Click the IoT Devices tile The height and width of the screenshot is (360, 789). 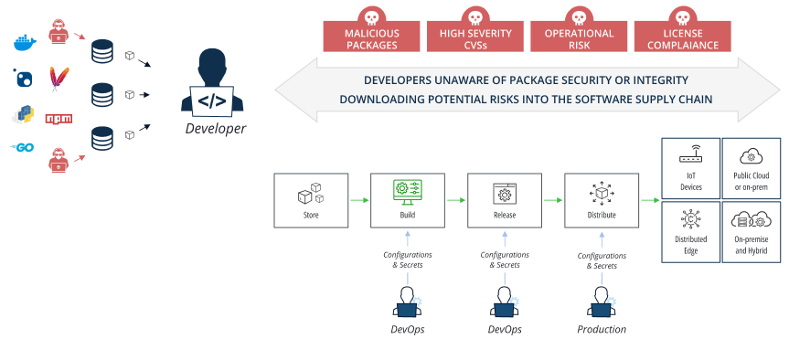point(690,167)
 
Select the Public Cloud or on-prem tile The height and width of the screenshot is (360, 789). point(752,167)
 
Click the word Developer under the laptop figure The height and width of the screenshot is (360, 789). point(215,129)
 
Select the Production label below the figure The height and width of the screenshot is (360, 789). point(601,328)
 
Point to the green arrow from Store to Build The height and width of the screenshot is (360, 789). point(358,199)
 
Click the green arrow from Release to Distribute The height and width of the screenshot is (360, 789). point(551,199)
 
